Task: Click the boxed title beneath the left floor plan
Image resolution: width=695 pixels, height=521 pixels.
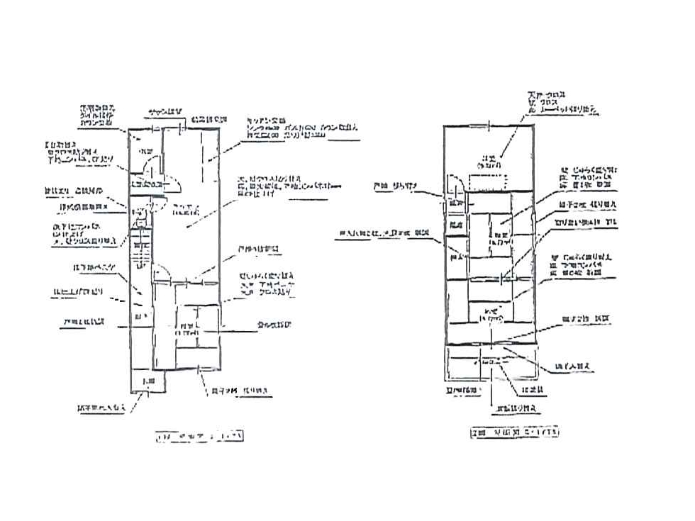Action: pyautogui.click(x=199, y=437)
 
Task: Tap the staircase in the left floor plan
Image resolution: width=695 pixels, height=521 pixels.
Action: pyautogui.click(x=142, y=252)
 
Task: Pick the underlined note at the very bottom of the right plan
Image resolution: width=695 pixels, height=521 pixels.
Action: pyautogui.click(x=516, y=409)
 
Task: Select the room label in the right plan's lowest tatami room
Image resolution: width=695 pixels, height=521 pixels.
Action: pyautogui.click(x=489, y=315)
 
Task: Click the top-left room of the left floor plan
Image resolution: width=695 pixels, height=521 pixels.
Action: pyautogui.click(x=145, y=152)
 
